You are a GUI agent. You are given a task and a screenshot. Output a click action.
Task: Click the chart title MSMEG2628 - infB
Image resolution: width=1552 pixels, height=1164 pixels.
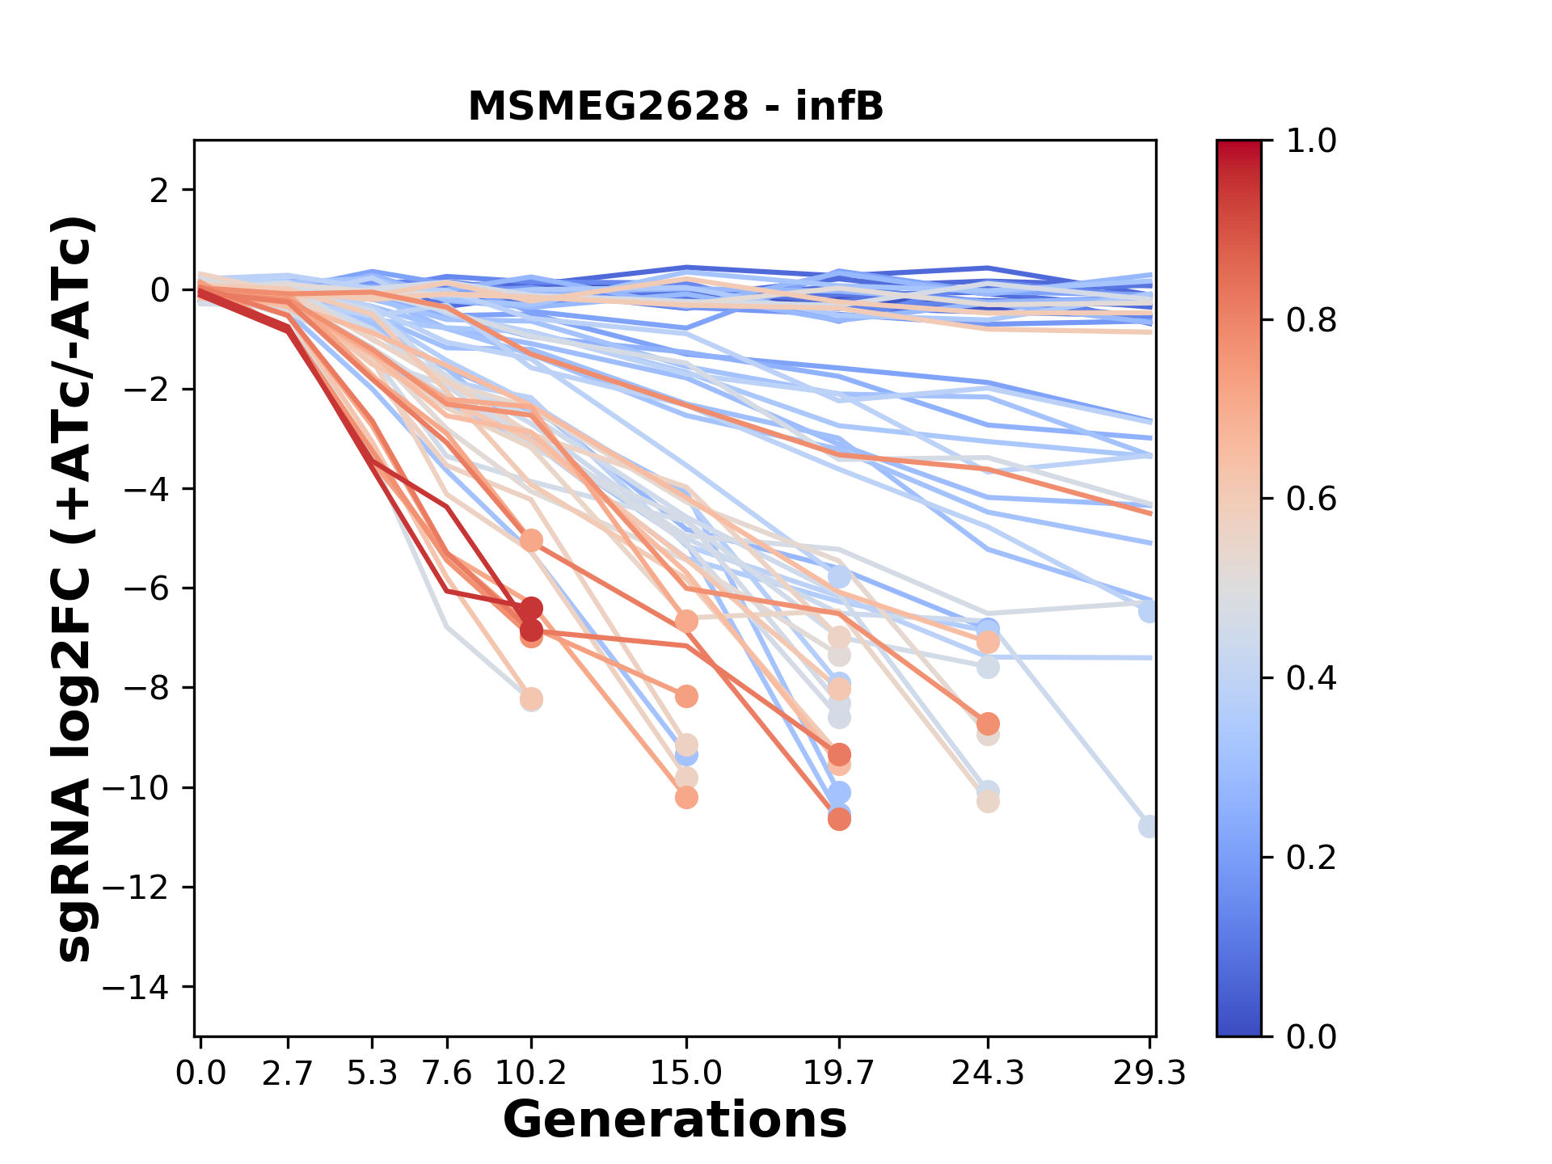coord(676,107)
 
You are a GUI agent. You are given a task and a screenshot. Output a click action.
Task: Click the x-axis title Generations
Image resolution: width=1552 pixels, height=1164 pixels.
coord(675,1120)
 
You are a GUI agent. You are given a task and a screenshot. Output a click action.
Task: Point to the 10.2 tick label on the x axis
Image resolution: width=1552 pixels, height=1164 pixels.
coord(530,1073)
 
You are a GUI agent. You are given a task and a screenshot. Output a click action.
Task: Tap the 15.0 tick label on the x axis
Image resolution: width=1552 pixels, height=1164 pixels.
coord(685,1073)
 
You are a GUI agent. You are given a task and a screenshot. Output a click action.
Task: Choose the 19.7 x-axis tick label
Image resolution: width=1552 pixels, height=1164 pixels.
coord(838,1073)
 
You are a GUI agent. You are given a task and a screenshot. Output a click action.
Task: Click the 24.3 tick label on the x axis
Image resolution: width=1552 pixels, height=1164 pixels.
coord(987,1073)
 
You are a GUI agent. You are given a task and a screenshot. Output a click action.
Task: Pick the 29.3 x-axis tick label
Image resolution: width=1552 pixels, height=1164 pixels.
coord(1149,1073)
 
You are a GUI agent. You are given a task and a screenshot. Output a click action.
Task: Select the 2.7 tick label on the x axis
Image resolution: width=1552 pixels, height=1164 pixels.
coord(288,1073)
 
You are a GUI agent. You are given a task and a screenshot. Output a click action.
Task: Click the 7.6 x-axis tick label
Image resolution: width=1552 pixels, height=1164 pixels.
coord(447,1073)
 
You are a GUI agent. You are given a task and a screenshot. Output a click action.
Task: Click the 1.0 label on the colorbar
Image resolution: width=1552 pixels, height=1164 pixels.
coord(1311,141)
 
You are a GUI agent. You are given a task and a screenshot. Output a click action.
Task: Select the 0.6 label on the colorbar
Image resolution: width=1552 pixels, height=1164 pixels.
coord(1311,500)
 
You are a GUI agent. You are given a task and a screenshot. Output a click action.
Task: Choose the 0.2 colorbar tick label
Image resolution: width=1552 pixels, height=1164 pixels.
coord(1311,858)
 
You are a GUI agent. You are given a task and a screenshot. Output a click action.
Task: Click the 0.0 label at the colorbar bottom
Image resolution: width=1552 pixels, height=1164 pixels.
coord(1311,1036)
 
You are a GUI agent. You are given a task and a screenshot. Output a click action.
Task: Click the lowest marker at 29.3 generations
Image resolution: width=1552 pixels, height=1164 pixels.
coord(1149,826)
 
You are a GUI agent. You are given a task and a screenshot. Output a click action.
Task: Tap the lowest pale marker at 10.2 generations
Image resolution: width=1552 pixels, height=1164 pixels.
coord(531,699)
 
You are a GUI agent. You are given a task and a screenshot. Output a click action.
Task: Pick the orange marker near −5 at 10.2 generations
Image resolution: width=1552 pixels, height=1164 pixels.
coord(531,540)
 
